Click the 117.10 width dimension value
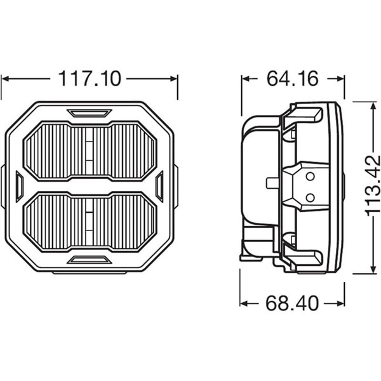pyautogui.click(x=90, y=79)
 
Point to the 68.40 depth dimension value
pyautogui.click(x=291, y=303)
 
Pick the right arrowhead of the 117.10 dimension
pyautogui.click(x=175, y=79)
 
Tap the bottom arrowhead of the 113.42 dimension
pyautogui.click(x=370, y=271)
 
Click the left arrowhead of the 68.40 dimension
pyautogui.click(x=244, y=303)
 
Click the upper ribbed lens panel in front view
pyautogui.click(x=90, y=150)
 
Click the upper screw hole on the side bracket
pyautogui.click(x=310, y=176)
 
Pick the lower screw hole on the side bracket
pyautogui.click(x=310, y=197)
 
